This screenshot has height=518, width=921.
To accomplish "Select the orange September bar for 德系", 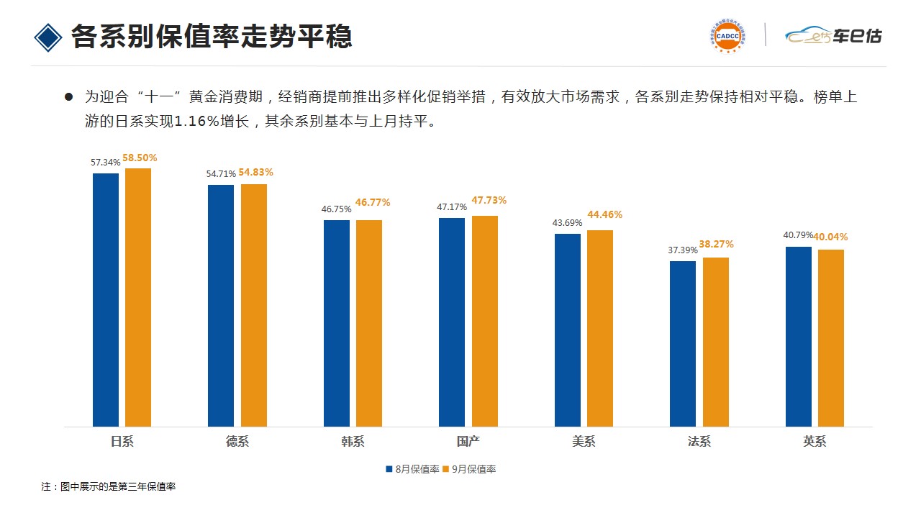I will pyautogui.click(x=254, y=305).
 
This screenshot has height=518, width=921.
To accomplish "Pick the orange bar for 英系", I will pyautogui.click(x=831, y=337).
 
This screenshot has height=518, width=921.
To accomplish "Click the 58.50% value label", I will pyautogui.click(x=140, y=158).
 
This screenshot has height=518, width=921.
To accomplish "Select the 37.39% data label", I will pyautogui.click(x=682, y=250).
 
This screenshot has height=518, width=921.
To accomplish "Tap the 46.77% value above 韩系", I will pyautogui.click(x=373, y=203).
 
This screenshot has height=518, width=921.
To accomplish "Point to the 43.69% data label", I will pyautogui.click(x=567, y=222).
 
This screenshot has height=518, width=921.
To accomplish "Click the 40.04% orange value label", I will pyautogui.click(x=830, y=237).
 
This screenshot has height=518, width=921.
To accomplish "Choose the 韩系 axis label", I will pyautogui.click(x=353, y=442).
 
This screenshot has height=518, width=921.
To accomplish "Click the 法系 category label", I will pyautogui.click(x=699, y=442).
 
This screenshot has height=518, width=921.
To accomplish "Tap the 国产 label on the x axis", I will pyautogui.click(x=468, y=442).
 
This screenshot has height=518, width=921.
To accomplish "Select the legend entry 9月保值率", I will pyautogui.click(x=469, y=469).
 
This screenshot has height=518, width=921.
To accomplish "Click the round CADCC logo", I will pyautogui.click(x=727, y=35).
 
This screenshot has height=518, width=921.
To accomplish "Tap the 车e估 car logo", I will pyautogui.click(x=833, y=35).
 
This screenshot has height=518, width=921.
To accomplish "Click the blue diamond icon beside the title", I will pyautogui.click(x=48, y=37).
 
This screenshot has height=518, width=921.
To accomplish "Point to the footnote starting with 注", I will pyautogui.click(x=109, y=487).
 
